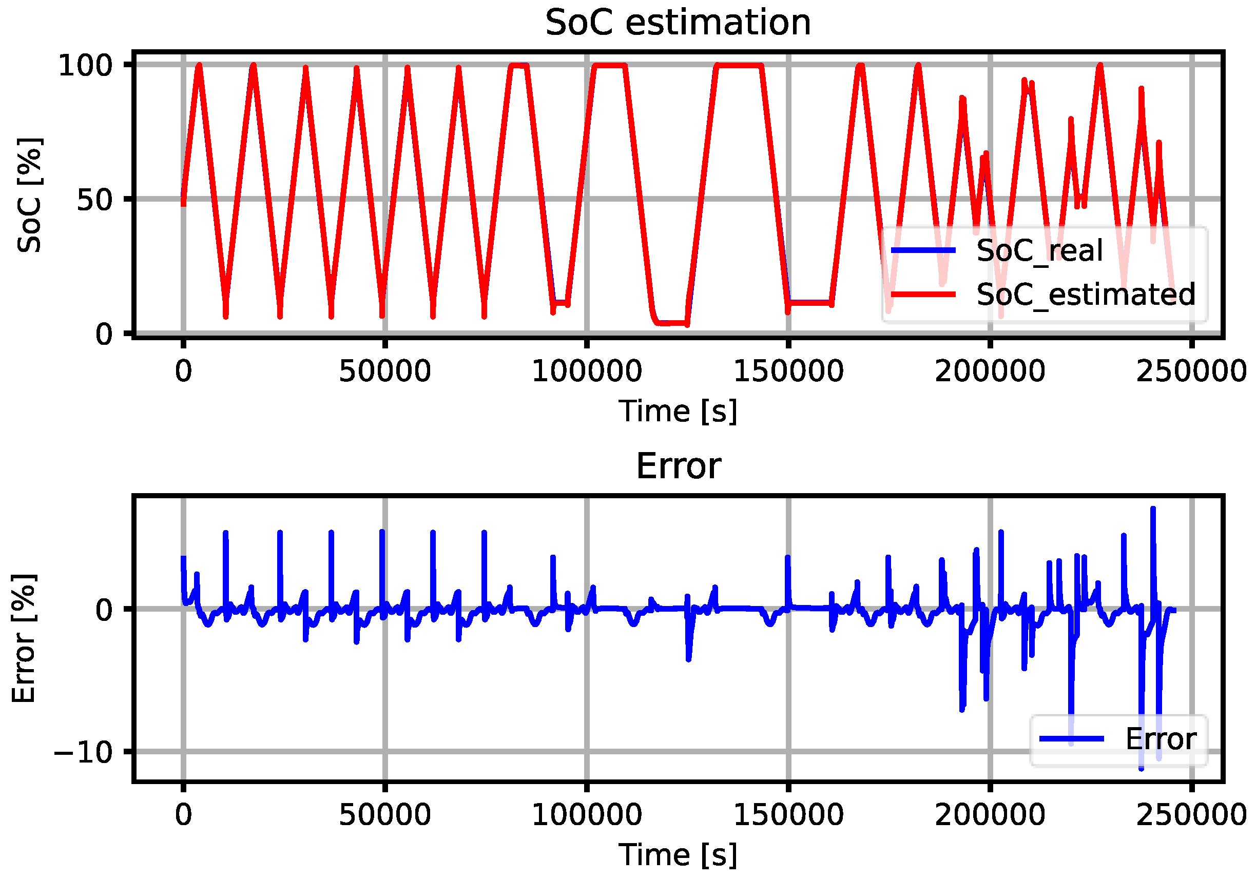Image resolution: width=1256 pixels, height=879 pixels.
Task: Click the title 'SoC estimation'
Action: coord(678,23)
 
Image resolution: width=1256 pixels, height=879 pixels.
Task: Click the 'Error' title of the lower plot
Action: coord(678,466)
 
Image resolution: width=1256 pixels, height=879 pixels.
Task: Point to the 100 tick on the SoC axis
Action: coord(85,65)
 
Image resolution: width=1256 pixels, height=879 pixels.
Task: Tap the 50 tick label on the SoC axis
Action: coord(93,200)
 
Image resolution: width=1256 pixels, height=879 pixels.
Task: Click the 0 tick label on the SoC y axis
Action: coord(103,334)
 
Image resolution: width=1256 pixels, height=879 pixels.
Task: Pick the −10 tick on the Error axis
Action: coord(83,752)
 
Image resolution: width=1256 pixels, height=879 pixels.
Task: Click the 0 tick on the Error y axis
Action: coord(103,609)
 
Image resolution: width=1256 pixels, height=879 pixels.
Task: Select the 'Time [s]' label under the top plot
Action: coord(678,411)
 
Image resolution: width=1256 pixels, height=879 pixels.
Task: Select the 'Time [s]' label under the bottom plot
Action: coord(678,854)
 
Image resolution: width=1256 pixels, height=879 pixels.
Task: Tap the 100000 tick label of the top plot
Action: coord(587,372)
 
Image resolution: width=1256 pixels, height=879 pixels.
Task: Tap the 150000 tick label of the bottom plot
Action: coord(788,815)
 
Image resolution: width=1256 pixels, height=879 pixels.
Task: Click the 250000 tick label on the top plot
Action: coord(1191,372)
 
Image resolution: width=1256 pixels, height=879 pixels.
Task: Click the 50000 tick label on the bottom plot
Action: coord(384,815)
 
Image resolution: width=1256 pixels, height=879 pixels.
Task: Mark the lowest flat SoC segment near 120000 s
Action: coord(671,323)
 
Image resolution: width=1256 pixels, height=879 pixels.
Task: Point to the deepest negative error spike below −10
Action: coord(1141,768)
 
